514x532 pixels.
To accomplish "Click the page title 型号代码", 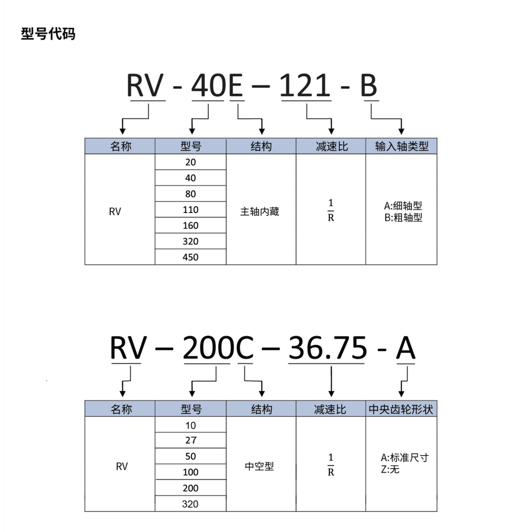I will (48, 34).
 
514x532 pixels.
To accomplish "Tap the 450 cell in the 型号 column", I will (190, 257).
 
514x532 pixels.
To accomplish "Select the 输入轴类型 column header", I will (401, 146).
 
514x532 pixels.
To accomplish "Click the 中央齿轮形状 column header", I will (401, 409).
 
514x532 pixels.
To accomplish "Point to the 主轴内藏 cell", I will (260, 212).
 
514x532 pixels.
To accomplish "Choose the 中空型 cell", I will (260, 466).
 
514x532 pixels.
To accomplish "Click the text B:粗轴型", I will (403, 218).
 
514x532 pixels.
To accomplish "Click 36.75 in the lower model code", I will (327, 348).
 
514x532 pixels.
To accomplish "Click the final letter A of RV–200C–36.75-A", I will (406, 348).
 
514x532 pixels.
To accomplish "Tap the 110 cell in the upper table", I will (190, 210).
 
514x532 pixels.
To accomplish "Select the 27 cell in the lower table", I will (190, 440).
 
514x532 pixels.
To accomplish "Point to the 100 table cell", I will (190, 472).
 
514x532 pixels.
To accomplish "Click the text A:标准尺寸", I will (405, 458).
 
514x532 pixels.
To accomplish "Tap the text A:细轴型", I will (403, 206).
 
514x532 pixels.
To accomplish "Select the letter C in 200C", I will (245, 348).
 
